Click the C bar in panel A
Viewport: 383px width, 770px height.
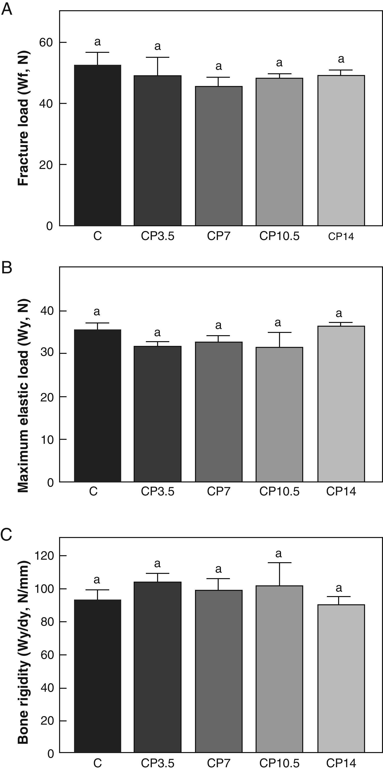(97, 145)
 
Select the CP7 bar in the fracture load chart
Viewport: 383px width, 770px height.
(219, 156)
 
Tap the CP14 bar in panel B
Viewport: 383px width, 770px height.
(341, 404)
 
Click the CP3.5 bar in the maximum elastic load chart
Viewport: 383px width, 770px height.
(158, 414)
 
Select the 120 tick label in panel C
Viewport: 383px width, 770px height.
(44, 556)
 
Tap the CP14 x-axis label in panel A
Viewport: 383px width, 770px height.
(341, 237)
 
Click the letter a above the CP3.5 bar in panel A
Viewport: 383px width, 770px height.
(158, 46)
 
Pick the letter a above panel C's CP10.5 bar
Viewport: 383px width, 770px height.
(279, 554)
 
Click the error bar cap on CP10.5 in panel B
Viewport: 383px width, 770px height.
(279, 332)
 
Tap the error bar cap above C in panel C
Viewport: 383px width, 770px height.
(97, 590)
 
